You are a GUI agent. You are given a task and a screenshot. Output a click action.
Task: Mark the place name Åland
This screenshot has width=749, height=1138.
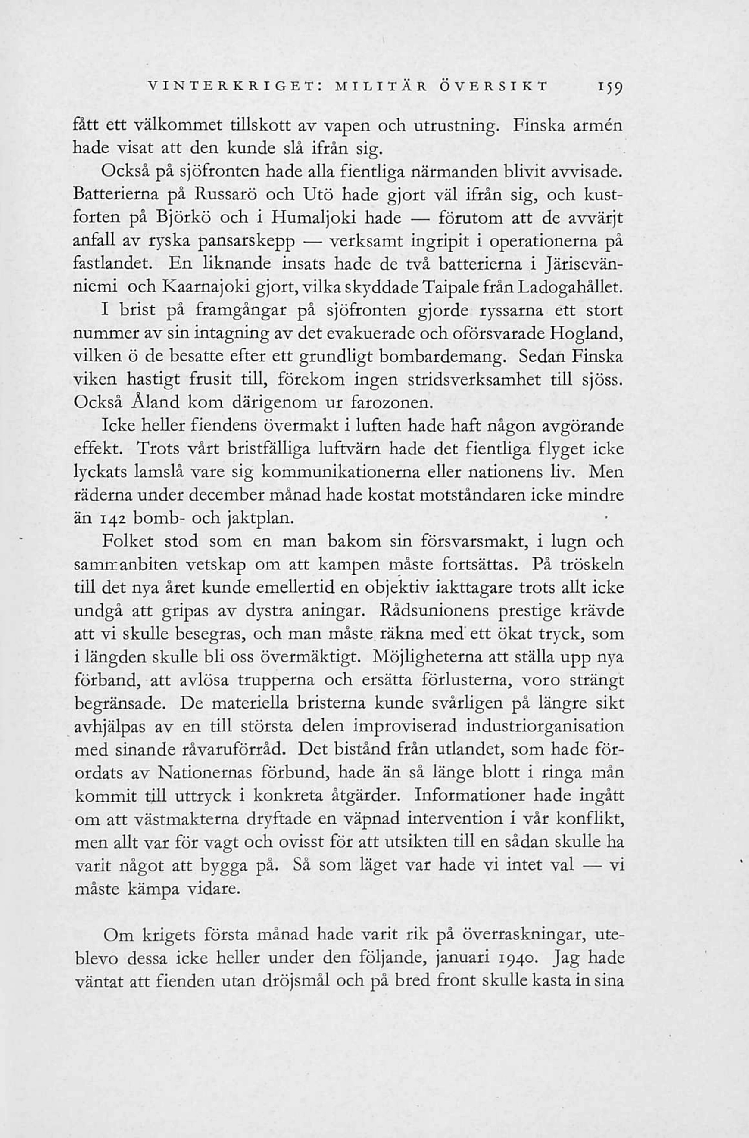pyautogui.click(x=154, y=402)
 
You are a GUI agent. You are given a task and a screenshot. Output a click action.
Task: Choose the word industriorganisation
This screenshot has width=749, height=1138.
pyautogui.click(x=545, y=726)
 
